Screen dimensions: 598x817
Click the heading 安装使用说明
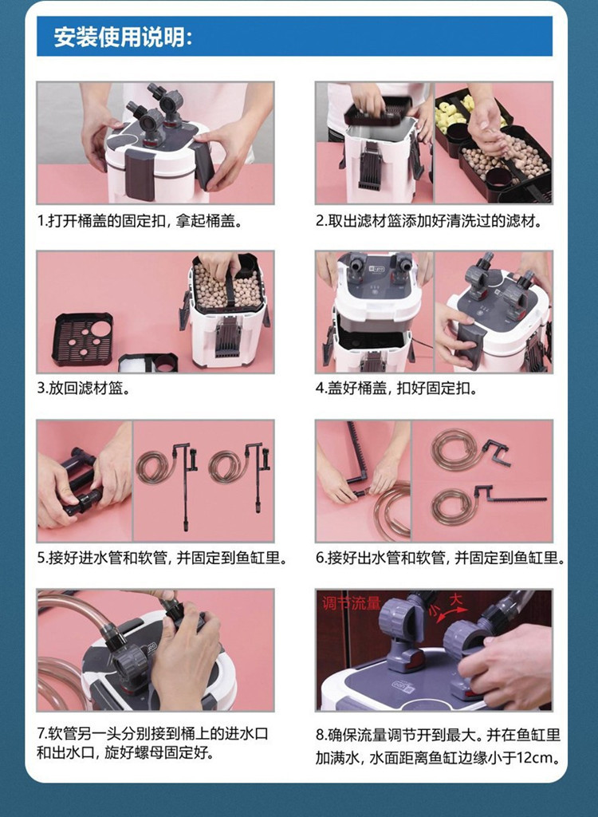pyautogui.click(x=123, y=37)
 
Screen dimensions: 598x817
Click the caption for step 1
pyautogui.click(x=140, y=221)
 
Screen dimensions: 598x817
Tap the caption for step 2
pyautogui.click(x=429, y=221)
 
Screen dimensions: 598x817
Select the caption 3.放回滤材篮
pyautogui.click(x=84, y=389)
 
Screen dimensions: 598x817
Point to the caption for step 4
pyautogui.click(x=396, y=389)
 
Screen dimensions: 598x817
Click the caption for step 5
pyautogui.click(x=162, y=558)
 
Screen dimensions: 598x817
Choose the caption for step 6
pyautogui.click(x=441, y=558)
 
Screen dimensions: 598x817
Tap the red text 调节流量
pyautogui.click(x=351, y=603)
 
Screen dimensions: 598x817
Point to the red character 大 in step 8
pyautogui.click(x=456, y=600)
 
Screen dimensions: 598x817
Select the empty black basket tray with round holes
pyautogui.click(x=83, y=338)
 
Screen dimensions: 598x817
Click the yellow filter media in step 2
pyautogui.click(x=453, y=111)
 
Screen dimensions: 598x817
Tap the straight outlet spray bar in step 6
pyautogui.click(x=516, y=499)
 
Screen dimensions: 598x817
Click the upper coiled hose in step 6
pyautogui.click(x=452, y=449)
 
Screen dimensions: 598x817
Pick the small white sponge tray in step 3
pyautogui.click(x=148, y=363)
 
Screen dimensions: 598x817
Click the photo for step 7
pyautogui.click(x=155, y=649)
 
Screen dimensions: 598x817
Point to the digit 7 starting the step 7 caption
pyautogui.click(x=41, y=734)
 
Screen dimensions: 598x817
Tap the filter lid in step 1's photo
pyautogui.click(x=156, y=147)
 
